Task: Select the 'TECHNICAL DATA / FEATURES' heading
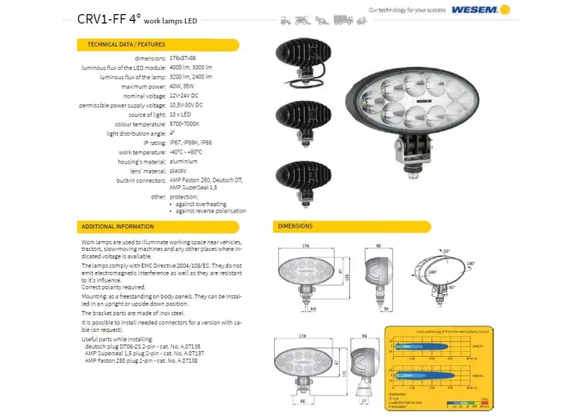[120, 43]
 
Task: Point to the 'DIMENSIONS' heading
[296, 226]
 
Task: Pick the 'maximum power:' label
[142, 87]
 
